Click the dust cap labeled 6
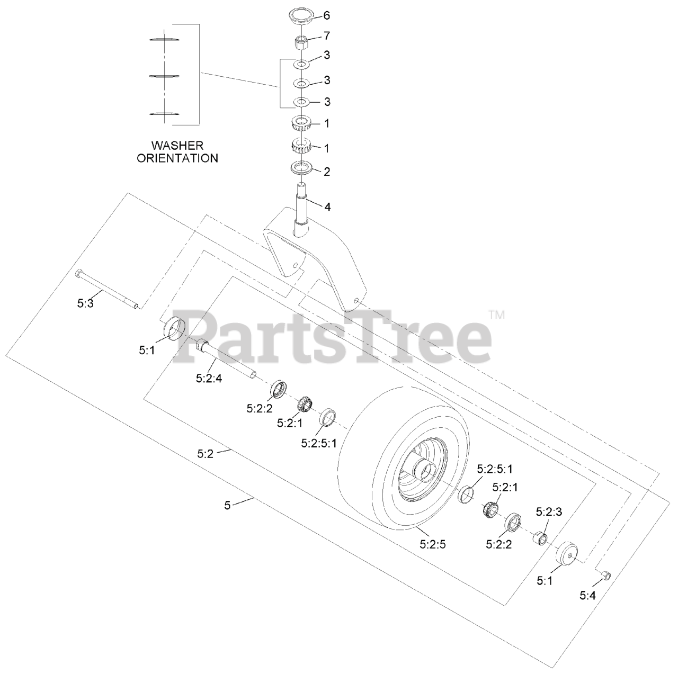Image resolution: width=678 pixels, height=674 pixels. click(301, 16)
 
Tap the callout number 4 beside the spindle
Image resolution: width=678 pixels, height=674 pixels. click(327, 207)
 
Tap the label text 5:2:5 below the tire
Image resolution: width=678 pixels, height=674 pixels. click(433, 544)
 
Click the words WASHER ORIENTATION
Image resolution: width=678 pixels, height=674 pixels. click(177, 151)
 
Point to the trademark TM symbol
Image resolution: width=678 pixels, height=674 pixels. click(497, 315)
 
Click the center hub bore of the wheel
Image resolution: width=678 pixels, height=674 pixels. click(427, 468)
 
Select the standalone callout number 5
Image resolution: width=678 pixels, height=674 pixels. click(227, 505)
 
